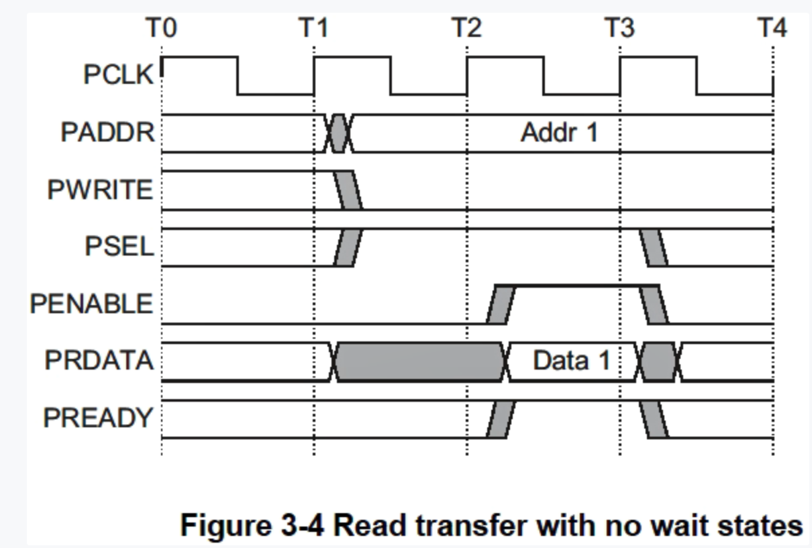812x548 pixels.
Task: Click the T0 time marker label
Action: [x=162, y=29]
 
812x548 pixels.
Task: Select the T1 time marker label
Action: [x=314, y=29]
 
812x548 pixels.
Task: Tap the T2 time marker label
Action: [x=467, y=29]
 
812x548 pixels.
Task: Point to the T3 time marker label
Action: [x=619, y=29]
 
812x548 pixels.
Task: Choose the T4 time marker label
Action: [x=772, y=29]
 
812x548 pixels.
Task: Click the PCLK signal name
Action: [x=119, y=75]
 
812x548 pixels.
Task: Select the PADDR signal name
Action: [x=107, y=133]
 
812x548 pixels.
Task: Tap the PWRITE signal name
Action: [x=100, y=190]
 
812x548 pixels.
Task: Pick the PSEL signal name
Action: [x=119, y=247]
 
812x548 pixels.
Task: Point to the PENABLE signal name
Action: [x=91, y=305]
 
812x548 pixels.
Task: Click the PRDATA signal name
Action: [x=99, y=361]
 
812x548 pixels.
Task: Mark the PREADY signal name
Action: [x=98, y=418]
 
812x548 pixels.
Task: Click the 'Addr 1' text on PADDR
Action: [x=559, y=133]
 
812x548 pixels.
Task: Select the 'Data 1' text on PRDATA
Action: [x=571, y=361]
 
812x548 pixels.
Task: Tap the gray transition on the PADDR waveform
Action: [x=338, y=133]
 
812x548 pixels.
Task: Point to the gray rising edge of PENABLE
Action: [x=501, y=305]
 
